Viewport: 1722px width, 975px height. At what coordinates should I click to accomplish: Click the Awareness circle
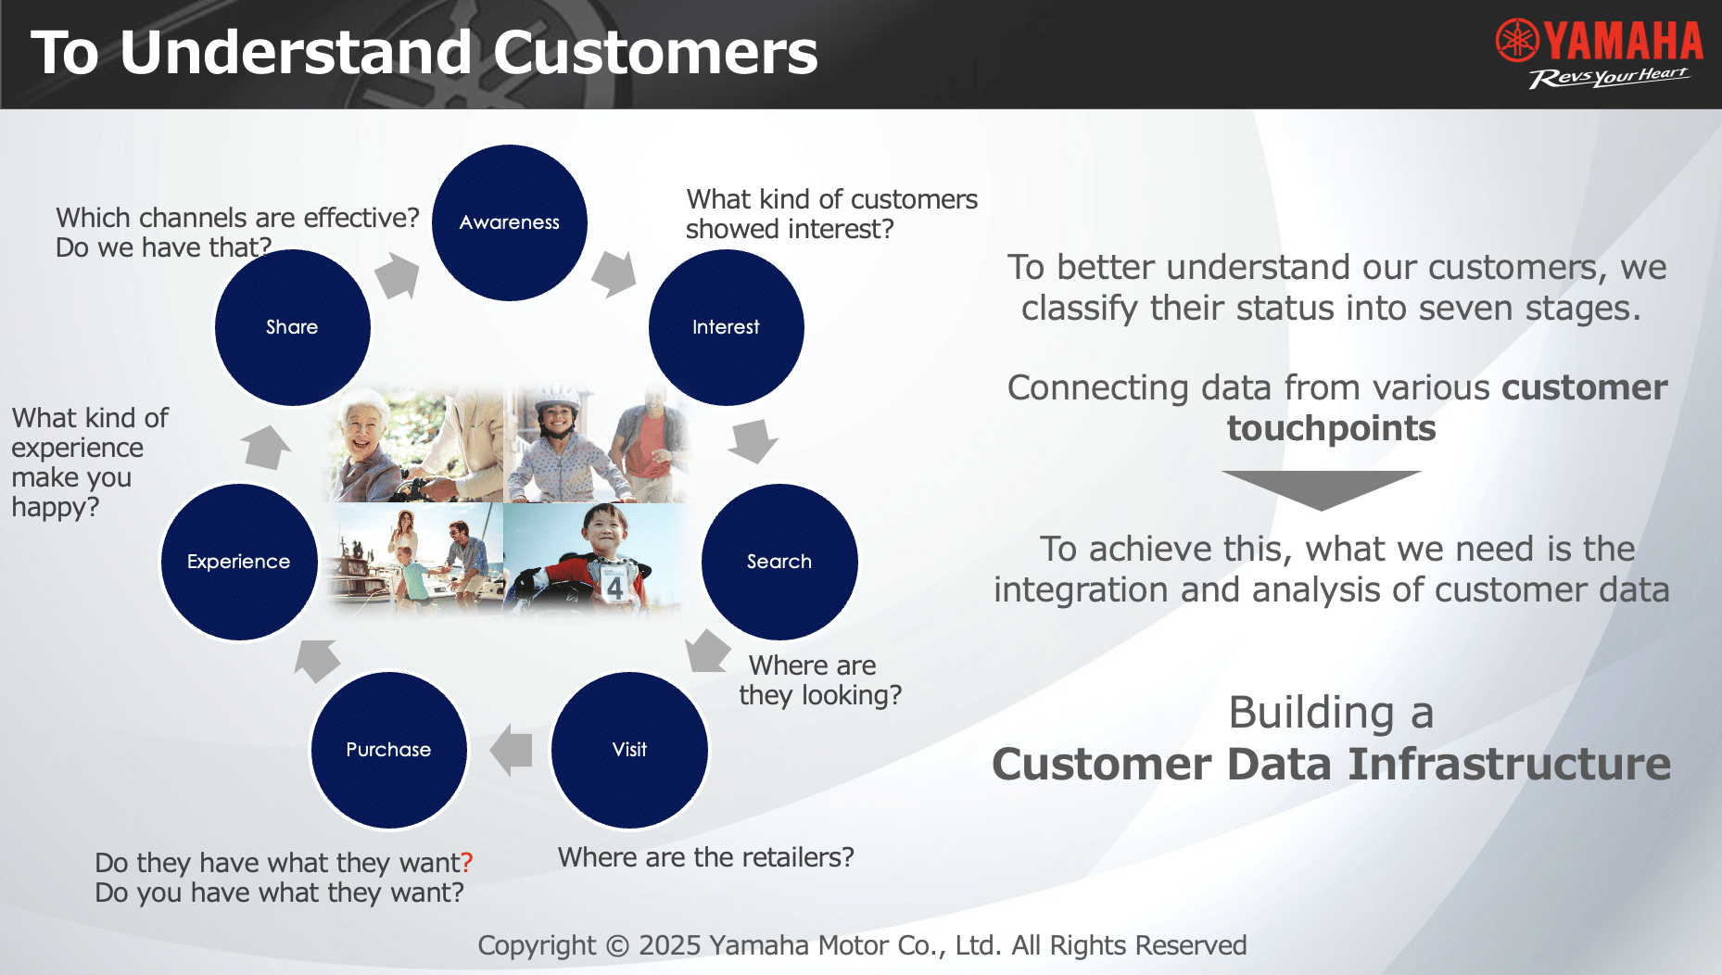coord(510,222)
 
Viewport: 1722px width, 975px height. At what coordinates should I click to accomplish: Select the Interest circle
coord(727,327)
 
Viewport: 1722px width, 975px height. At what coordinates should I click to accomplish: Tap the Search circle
coord(779,562)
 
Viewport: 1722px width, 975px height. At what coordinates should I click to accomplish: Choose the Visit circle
coord(630,750)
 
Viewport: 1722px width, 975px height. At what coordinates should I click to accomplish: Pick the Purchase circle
coord(389,750)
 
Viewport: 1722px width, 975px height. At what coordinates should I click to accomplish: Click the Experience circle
coord(239,562)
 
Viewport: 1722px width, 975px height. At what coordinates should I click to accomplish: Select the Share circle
coord(293,327)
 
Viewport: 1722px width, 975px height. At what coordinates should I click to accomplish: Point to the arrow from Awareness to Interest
coord(614,273)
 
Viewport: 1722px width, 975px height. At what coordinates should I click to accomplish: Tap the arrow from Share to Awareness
coord(398,275)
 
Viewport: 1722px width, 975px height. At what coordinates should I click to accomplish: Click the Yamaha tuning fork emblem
coord(1517,41)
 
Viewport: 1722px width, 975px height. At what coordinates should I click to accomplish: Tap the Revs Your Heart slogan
coord(1609,77)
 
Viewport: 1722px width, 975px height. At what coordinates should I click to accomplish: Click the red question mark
coord(467,863)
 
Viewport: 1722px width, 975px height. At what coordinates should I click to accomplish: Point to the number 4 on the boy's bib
coord(614,587)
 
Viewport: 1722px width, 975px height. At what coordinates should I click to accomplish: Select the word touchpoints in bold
coord(1332,429)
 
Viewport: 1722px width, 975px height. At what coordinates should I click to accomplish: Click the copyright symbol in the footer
coord(617,946)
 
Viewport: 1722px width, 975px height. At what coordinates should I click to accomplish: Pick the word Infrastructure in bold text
coord(1509,765)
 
